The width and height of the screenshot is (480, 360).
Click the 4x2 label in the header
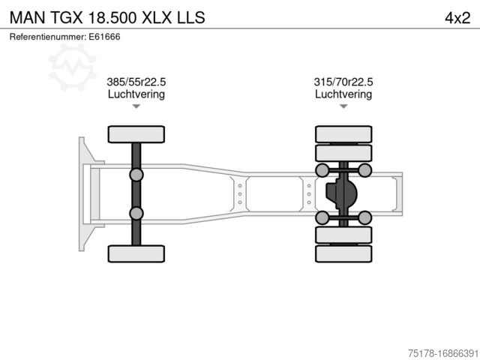pos(457,16)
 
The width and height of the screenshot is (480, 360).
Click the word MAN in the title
pos(25,16)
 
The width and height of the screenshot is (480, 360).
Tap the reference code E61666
pos(106,37)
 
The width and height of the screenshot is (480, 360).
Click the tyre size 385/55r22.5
pos(136,82)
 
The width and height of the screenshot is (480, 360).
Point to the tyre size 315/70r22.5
pos(343,82)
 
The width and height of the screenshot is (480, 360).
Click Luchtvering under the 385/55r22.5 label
pos(136,94)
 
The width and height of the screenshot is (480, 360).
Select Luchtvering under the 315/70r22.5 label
pos(343,94)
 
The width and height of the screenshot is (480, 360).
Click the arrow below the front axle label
pos(136,107)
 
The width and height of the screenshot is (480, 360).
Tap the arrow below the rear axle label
pos(343,107)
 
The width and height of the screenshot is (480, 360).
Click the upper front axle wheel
pos(136,134)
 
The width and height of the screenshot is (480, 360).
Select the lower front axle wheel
pos(136,253)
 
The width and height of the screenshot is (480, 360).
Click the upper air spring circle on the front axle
pos(136,175)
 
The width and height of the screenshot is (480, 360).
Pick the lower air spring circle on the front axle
pos(136,213)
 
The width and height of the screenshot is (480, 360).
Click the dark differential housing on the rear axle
pos(341,194)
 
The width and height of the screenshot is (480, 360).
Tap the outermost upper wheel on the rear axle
pos(343,134)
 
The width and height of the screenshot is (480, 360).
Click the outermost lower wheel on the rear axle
pos(343,253)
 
